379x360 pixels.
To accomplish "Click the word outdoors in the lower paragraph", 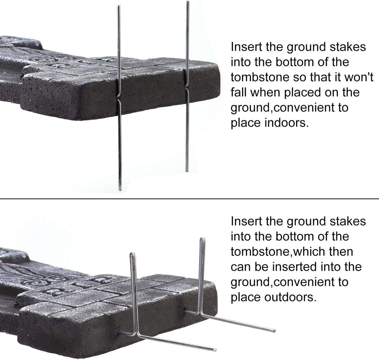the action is tap(290, 297).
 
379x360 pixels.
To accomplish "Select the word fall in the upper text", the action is tap(238, 92).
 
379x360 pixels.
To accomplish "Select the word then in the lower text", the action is tap(341, 251).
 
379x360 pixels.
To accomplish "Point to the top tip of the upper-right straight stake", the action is tap(187, 2).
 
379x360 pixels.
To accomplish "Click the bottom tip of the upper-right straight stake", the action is tap(187, 171).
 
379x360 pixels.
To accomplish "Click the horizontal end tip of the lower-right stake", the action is tap(274, 330).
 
